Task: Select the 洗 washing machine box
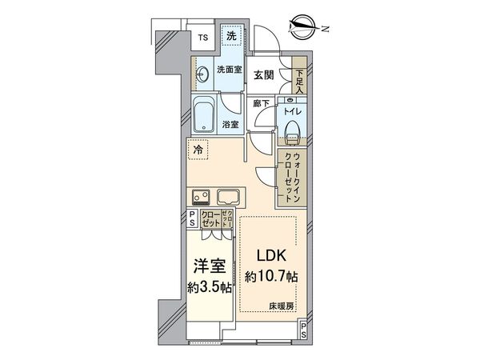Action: (x=230, y=36)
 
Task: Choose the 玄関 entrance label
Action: (x=264, y=74)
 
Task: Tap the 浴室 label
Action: (x=230, y=126)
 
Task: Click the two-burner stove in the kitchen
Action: (x=201, y=196)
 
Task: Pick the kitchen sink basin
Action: (x=226, y=196)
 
